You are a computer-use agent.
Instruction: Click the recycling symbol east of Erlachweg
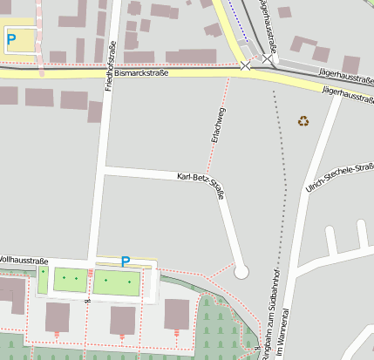tap(303, 121)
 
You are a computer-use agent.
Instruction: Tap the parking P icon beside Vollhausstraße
tap(126, 261)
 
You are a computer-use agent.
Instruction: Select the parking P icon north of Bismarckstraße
tap(11, 38)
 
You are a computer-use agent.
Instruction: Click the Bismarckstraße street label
tap(140, 76)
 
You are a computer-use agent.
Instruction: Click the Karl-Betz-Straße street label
tap(201, 186)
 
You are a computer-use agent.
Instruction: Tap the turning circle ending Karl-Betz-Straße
tap(241, 271)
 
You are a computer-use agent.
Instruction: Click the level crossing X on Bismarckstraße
tap(245, 66)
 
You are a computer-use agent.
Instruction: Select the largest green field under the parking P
tap(116, 282)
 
